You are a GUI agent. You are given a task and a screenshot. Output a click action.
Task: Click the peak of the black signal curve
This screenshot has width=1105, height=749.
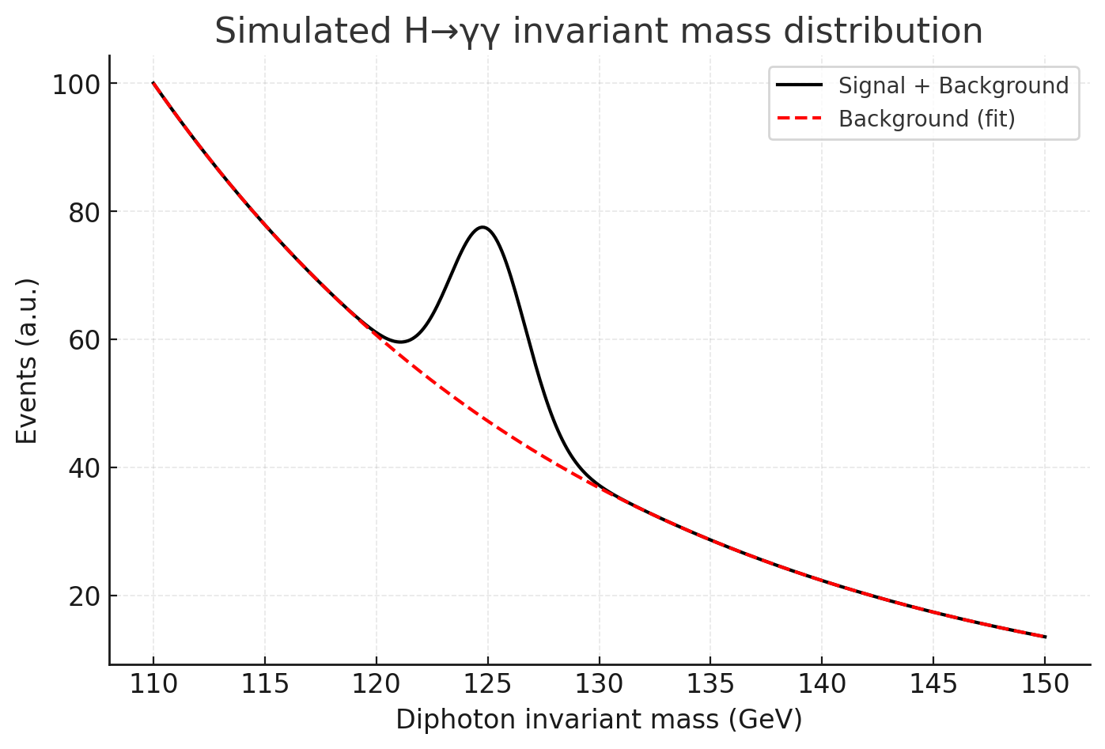tap(482, 227)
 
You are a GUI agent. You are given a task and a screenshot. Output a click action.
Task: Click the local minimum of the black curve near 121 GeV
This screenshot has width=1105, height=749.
tap(400, 342)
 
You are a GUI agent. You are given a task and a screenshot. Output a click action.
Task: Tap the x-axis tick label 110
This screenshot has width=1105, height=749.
tap(153, 684)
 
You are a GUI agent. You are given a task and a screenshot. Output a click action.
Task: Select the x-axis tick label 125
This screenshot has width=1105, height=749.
tap(487, 684)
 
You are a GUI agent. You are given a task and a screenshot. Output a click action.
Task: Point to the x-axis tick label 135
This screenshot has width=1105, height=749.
tap(710, 684)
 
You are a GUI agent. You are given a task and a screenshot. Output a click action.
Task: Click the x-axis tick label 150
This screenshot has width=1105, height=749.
tap(1044, 684)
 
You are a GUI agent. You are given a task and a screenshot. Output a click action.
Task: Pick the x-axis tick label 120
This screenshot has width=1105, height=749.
tap(376, 684)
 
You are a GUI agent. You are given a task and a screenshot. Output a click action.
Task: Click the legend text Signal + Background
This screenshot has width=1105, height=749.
tap(953, 85)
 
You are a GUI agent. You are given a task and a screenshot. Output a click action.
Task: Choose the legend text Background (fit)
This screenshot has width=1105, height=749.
tap(926, 119)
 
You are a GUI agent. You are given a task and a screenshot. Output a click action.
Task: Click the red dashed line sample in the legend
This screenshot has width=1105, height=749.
tap(800, 119)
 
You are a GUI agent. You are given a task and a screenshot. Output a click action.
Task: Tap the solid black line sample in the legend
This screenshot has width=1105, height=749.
tap(800, 85)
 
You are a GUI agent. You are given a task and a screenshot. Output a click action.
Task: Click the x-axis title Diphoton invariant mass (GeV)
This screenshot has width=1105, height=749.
tap(599, 720)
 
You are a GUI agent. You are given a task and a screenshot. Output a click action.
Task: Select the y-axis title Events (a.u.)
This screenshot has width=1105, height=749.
tap(27, 361)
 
